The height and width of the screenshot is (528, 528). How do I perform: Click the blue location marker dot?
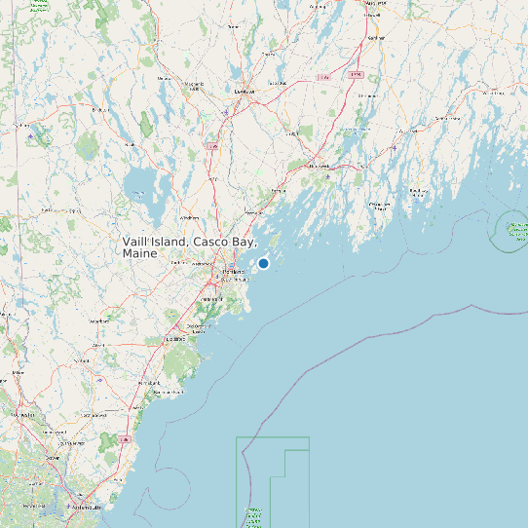[263, 263]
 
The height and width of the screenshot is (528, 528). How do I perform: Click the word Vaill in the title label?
[137, 241]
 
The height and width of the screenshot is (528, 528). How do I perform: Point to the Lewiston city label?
[244, 92]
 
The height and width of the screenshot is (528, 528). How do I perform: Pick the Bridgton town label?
[98, 110]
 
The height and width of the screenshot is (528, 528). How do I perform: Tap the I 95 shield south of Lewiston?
[212, 146]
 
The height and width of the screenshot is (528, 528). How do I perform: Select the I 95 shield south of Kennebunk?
[126, 438]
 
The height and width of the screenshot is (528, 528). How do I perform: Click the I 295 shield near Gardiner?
[356, 74]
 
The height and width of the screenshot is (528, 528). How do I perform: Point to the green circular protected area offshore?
[513, 230]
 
